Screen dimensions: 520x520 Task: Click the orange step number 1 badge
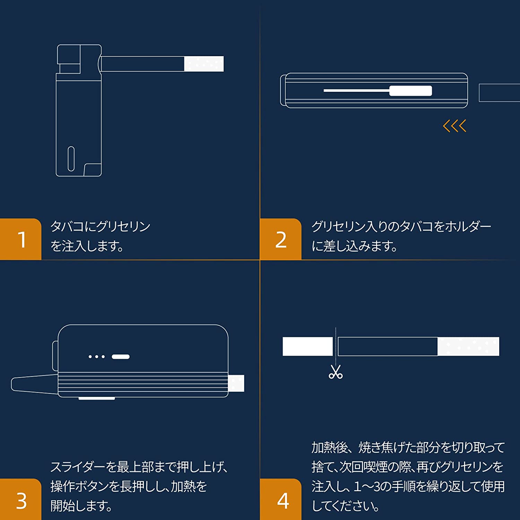(x=21, y=239)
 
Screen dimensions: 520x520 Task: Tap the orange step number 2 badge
(x=281, y=239)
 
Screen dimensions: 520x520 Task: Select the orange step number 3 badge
(x=21, y=500)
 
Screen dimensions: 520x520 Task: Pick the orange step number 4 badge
(x=281, y=500)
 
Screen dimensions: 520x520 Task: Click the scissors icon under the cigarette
(x=336, y=372)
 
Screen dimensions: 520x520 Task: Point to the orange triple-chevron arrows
(x=454, y=126)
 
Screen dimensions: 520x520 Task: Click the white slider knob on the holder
(x=411, y=91)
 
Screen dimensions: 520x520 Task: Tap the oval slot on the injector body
(x=71, y=159)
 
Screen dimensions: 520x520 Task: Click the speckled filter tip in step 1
(x=204, y=64)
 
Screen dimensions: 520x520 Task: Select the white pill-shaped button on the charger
(x=121, y=357)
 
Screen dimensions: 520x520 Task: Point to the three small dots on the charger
(x=97, y=357)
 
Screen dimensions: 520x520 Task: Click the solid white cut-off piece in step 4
(x=308, y=346)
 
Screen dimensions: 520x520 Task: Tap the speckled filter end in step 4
(x=468, y=346)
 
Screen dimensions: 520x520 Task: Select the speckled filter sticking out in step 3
(x=236, y=383)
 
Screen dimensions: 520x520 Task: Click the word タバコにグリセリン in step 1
(x=101, y=226)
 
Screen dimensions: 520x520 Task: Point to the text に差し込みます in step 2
(x=354, y=246)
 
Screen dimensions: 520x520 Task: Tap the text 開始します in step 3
(x=81, y=506)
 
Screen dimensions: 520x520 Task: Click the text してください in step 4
(x=345, y=506)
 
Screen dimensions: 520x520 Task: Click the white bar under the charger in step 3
(x=97, y=399)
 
